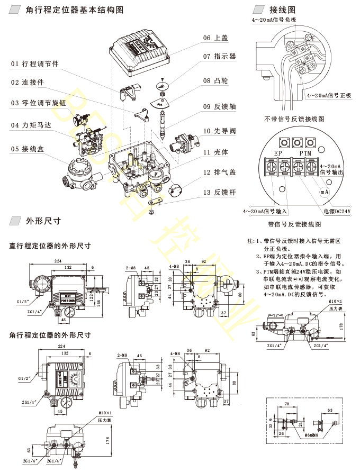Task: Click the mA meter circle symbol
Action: click(325, 192)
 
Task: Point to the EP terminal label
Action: click(279, 153)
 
